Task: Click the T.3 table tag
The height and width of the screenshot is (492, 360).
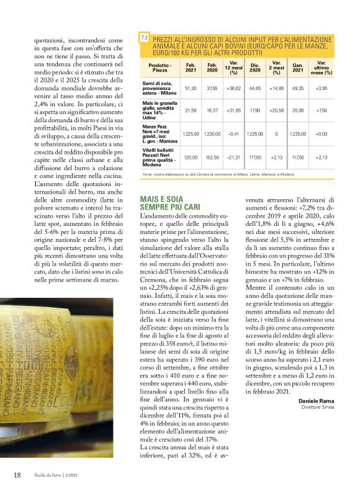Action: point(144,38)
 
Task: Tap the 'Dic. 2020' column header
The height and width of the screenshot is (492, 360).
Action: point(254,68)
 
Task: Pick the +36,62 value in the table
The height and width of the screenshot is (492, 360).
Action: point(233,89)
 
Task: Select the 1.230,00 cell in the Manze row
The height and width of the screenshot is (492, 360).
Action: point(212,133)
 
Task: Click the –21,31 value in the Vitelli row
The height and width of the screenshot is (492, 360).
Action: point(233,157)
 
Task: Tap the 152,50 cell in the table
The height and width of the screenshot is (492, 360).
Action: point(212,157)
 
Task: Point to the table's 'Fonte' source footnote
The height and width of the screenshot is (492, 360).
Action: point(217,174)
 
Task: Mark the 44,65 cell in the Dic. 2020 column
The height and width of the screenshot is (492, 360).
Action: point(254,89)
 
